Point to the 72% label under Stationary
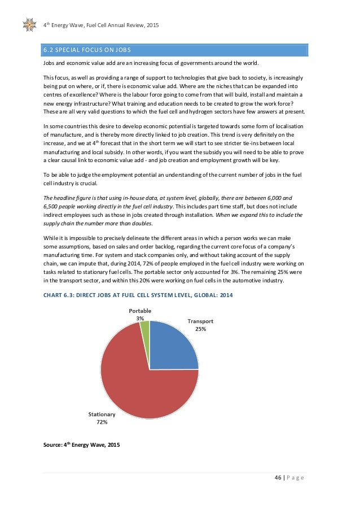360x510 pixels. click(x=102, y=421)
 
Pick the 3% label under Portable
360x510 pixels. click(x=140, y=318)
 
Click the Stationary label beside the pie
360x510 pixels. click(x=102, y=414)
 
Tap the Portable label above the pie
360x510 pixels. click(x=140, y=311)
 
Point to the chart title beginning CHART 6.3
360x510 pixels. click(x=138, y=295)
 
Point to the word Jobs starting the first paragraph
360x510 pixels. click(x=50, y=64)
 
